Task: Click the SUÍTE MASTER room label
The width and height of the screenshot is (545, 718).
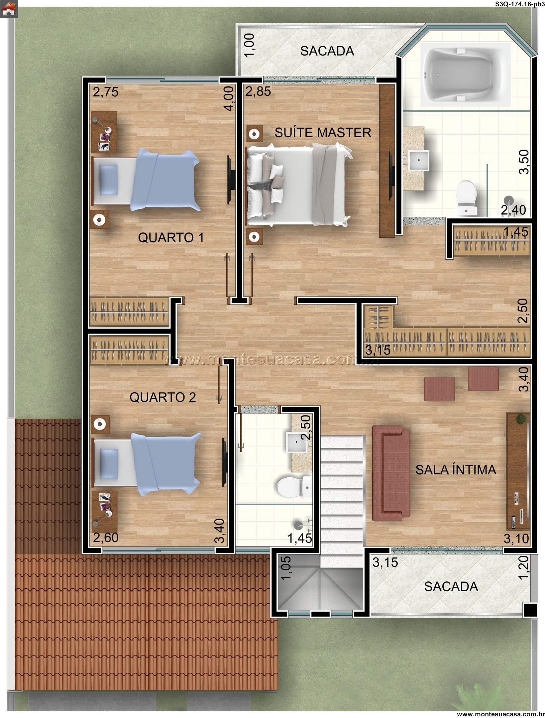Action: [x=323, y=133]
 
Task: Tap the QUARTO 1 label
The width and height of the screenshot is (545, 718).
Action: [x=171, y=237]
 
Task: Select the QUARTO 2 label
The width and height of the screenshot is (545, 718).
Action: [x=163, y=397]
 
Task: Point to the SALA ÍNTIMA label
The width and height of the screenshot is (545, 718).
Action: [x=456, y=470]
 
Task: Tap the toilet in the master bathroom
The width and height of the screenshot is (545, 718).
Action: [x=467, y=197]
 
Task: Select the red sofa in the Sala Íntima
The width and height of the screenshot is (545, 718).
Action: [x=391, y=473]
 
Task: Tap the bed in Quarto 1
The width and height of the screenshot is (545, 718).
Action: [x=147, y=180]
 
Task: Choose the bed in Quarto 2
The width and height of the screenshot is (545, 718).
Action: [x=147, y=464]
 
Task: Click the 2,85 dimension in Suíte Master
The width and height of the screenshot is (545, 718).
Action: [x=258, y=91]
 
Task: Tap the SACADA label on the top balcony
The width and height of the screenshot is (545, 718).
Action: [x=327, y=51]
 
